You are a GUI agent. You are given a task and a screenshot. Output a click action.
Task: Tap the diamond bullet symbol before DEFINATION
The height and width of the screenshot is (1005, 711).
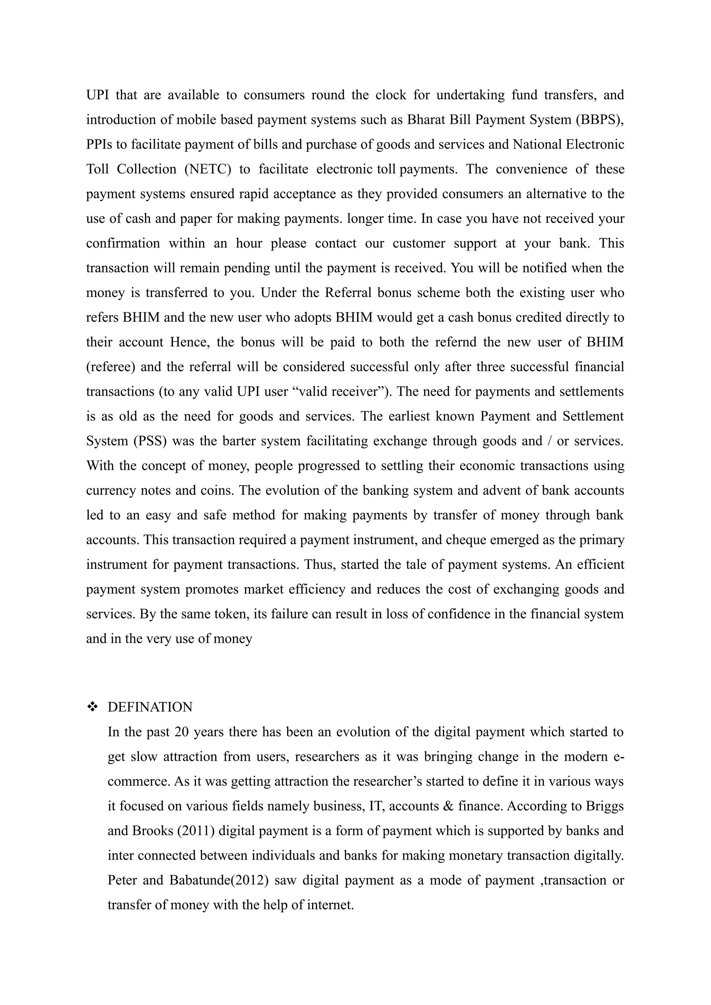coord(92,707)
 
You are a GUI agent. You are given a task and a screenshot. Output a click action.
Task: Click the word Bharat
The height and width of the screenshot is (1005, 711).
coord(426,119)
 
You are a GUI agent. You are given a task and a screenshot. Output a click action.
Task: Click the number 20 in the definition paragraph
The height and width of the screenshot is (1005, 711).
coord(181,732)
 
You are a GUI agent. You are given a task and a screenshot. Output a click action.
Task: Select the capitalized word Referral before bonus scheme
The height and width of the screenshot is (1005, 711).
coord(347,293)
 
